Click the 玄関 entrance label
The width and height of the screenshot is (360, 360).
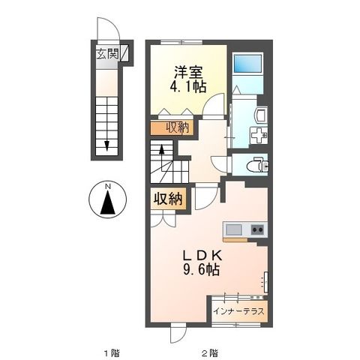105,54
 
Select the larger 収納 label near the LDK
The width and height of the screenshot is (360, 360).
169,199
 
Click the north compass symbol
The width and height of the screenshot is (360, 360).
108,202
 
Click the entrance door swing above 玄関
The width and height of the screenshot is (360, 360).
106,30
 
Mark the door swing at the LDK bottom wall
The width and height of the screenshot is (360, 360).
175,333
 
